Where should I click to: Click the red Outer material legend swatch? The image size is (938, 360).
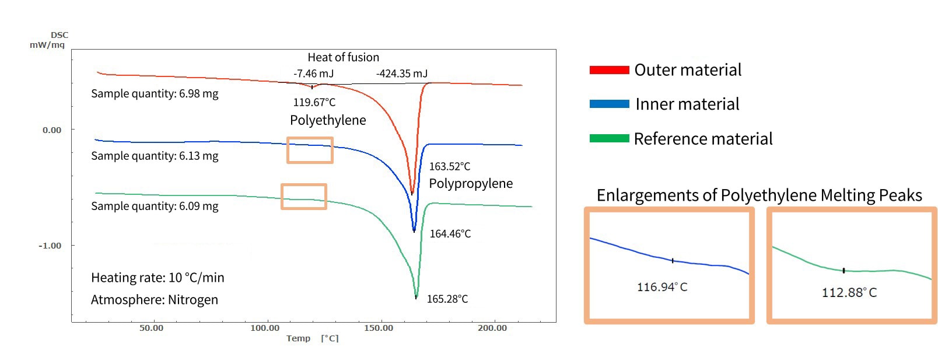609,70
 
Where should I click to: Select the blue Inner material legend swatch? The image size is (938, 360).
609,104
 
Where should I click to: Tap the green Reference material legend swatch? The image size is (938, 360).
609,139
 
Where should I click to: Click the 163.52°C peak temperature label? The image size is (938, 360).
449,167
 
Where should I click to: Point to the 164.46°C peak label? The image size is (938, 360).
450,234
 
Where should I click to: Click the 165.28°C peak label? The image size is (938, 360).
447,299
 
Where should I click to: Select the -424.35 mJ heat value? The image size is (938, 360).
401,74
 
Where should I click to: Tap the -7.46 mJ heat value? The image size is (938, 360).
313,74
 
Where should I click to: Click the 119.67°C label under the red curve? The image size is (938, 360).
314,103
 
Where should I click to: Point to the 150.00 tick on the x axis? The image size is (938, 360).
379,328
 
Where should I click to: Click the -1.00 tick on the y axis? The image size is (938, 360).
50,246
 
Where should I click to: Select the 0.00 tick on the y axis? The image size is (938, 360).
51,130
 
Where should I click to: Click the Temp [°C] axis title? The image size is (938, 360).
312,338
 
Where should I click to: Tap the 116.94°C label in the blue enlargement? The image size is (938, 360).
661,287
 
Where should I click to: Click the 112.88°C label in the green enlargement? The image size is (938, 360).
849,293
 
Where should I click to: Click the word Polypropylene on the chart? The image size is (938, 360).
470,184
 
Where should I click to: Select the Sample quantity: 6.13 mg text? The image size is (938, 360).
155,156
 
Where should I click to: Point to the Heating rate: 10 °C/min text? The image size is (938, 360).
157,278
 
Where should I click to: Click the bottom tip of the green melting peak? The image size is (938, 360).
416,297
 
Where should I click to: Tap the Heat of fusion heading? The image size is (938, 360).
343,58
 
